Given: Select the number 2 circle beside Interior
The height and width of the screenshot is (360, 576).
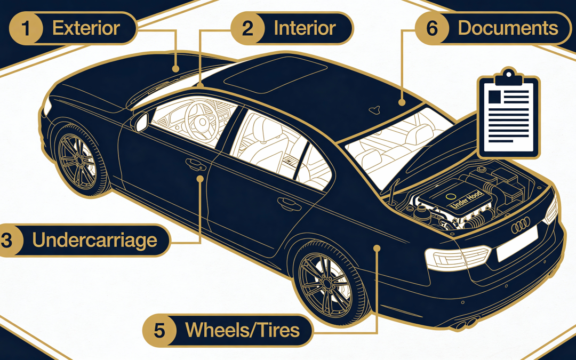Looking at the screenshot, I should [x=247, y=28].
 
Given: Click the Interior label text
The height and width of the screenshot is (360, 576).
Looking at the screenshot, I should [x=305, y=28].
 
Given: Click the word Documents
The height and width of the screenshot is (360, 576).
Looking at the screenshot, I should [x=508, y=28].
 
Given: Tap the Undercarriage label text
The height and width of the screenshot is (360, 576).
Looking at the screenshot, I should [x=94, y=240].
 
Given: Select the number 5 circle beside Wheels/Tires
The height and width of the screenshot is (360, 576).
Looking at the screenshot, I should [x=159, y=330].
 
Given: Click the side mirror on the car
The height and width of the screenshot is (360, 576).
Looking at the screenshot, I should [x=141, y=122].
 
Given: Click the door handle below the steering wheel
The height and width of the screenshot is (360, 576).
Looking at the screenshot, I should [x=191, y=162].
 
